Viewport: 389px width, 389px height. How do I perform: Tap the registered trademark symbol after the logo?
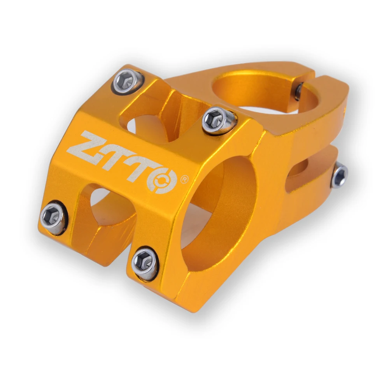[185, 180]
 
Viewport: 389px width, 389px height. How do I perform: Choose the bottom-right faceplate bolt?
[145, 263]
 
